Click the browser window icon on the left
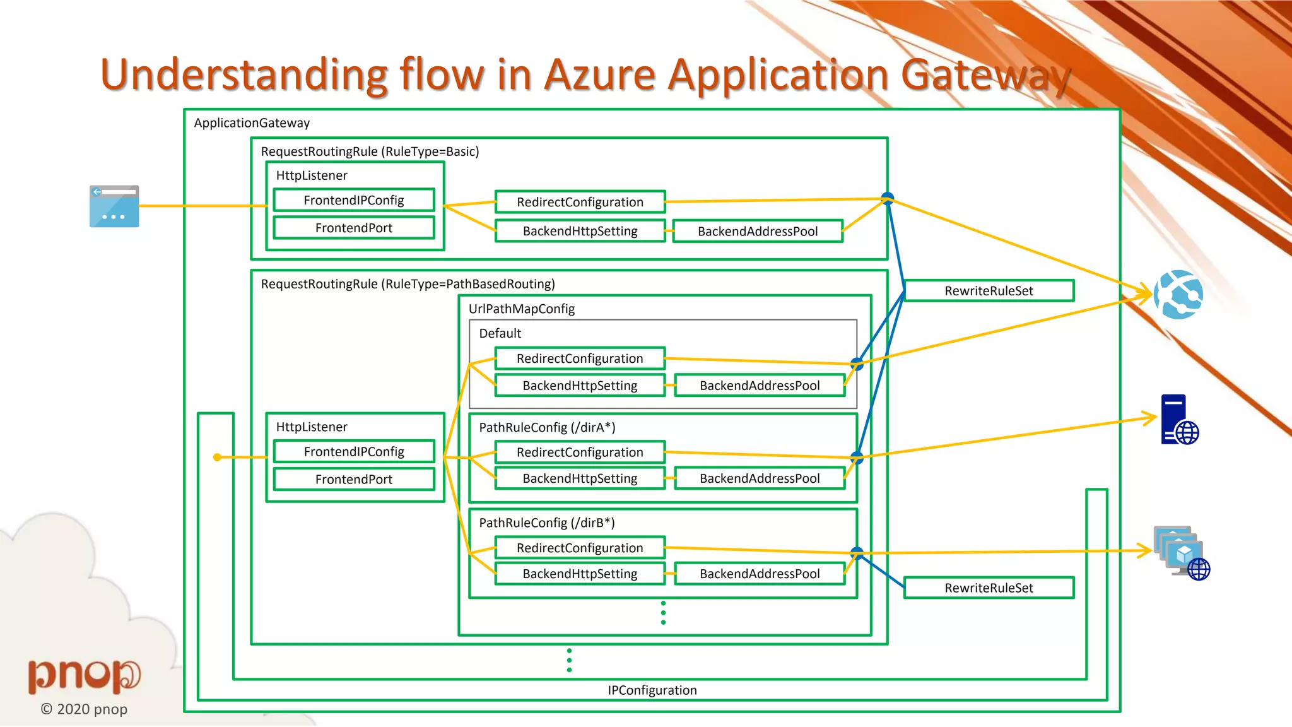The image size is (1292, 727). tap(114, 206)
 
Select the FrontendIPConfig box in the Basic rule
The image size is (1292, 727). tap(354, 201)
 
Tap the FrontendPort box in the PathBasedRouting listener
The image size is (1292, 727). tap(354, 480)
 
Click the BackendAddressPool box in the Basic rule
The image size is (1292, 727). tap(758, 232)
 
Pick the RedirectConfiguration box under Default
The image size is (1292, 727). tap(580, 358)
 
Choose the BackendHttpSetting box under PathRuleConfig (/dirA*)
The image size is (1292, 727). tap(580, 478)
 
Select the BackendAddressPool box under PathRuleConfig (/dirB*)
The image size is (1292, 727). tap(760, 574)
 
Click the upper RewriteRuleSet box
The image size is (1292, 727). tap(989, 291)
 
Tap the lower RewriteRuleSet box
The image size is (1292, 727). tap(989, 588)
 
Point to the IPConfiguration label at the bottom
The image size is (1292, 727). tap(652, 690)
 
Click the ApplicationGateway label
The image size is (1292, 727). tap(252, 123)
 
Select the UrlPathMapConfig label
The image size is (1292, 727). tap(522, 309)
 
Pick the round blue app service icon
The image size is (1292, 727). tap(1178, 295)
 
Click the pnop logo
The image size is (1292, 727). tap(84, 675)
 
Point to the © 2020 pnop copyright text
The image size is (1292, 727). tap(84, 709)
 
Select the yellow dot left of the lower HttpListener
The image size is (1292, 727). tap(217, 457)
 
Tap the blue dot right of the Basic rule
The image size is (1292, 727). tap(888, 198)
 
